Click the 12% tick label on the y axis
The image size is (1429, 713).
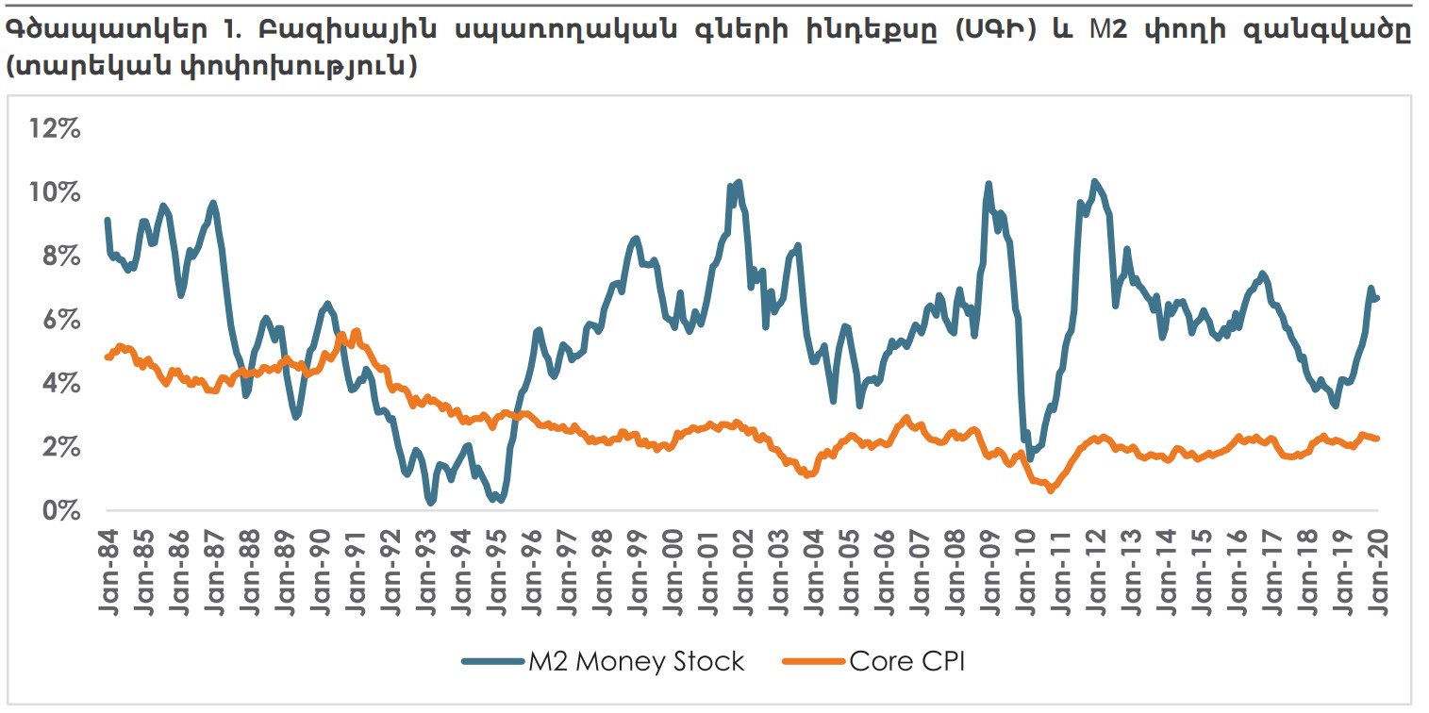tap(54, 128)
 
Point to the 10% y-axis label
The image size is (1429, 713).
tap(54, 192)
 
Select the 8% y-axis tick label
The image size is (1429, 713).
tap(59, 257)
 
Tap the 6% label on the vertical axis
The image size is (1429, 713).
tap(59, 321)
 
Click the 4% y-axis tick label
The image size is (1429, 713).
tap(59, 384)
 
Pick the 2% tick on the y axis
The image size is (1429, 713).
tap(59, 447)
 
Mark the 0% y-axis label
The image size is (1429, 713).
tap(59, 511)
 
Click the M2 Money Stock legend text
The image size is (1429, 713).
tap(635, 662)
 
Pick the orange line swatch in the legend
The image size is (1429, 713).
tap(814, 662)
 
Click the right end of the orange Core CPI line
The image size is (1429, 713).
tap(1378, 438)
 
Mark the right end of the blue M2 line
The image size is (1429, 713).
tap(1378, 298)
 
